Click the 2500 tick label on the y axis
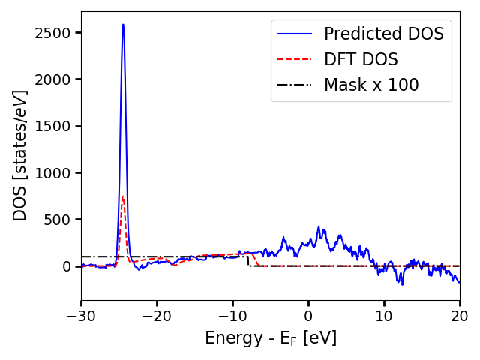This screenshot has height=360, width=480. click(57, 33)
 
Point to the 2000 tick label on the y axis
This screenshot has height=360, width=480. click(57, 79)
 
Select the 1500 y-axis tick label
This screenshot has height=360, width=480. click(57, 126)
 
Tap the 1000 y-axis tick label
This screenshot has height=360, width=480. click(57, 173)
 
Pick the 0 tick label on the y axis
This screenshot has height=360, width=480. click(68, 266)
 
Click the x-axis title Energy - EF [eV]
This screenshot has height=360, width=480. click(271, 338)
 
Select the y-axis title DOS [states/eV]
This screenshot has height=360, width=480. click(20, 155)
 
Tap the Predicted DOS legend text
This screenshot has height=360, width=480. click(383, 34)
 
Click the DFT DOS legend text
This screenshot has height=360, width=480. click(361, 60)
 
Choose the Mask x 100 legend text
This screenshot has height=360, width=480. click(371, 85)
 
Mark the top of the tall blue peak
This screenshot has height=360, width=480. click(123, 25)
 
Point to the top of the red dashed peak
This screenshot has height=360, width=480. click(122, 196)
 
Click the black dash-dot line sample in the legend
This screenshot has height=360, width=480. click(293, 85)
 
